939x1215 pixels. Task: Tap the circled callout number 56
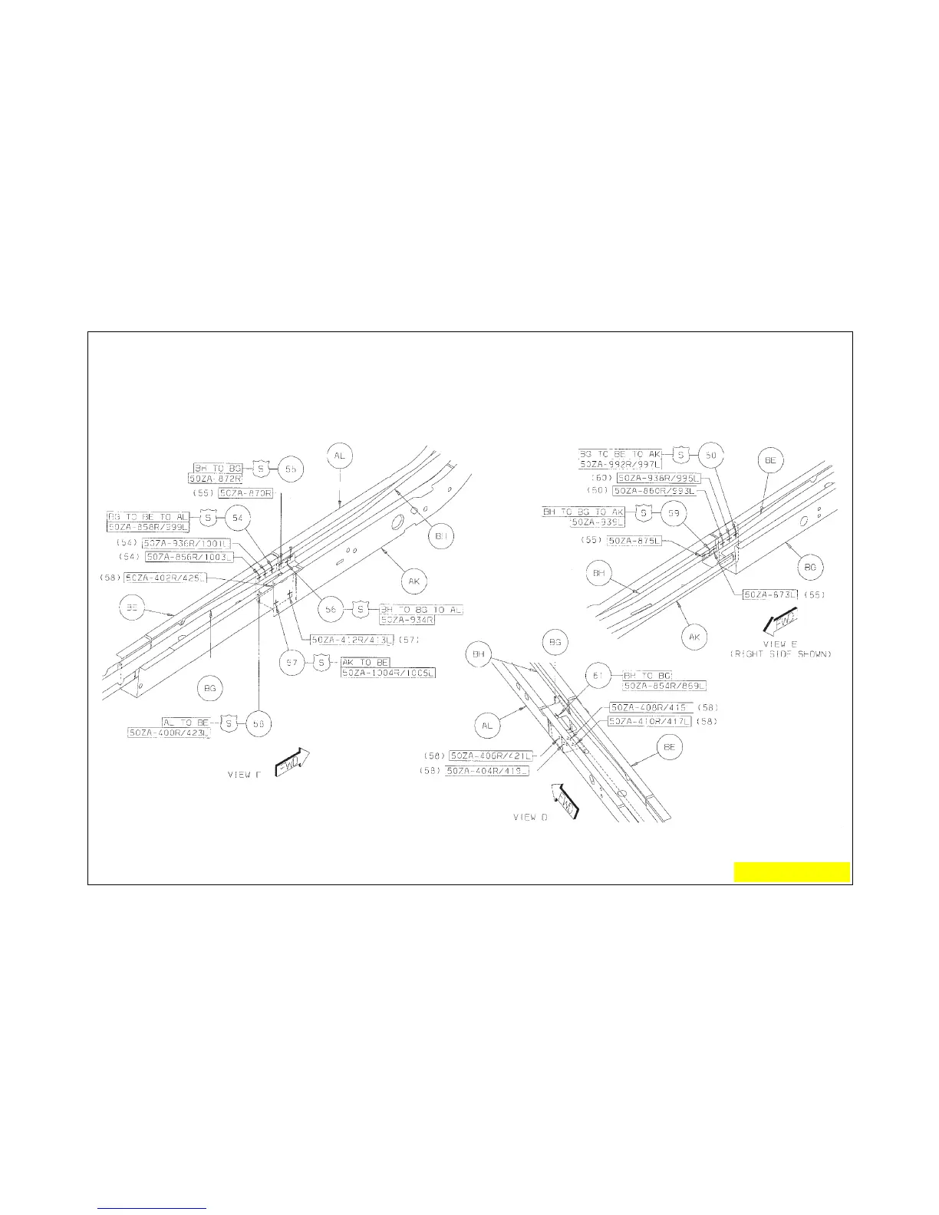[x=331, y=610]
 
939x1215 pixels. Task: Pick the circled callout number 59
[x=674, y=512]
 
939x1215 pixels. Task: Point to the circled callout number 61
[x=596, y=676]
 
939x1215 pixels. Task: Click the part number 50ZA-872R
[x=215, y=478]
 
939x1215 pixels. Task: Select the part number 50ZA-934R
[x=407, y=620]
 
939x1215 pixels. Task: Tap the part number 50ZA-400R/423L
[x=169, y=733]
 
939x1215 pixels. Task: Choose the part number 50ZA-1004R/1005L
[x=388, y=673]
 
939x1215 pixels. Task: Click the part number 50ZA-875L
[x=634, y=541]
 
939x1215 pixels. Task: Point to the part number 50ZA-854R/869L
[x=664, y=686]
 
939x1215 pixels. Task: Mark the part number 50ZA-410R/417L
[x=649, y=722]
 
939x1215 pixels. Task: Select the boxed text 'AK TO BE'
[x=365, y=662]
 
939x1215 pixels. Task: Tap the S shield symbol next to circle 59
[x=644, y=512]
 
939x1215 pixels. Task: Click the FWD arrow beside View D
[x=565, y=801]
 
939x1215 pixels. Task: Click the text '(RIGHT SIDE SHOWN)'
[x=780, y=654]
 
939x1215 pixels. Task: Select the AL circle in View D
[x=487, y=725]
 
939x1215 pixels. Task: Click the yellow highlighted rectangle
[x=792, y=872]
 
